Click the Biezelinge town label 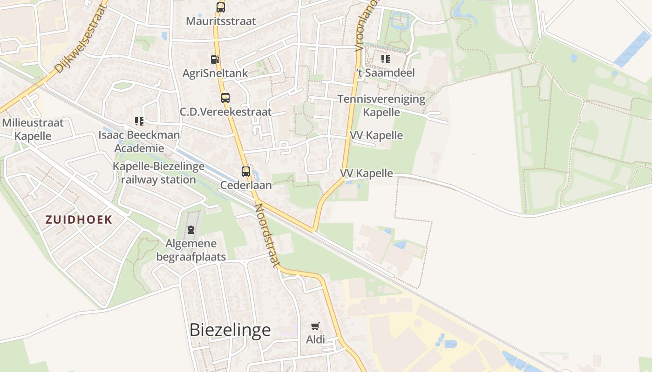point(230,330)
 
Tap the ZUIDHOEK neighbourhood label point(79,220)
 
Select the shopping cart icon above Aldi point(315,326)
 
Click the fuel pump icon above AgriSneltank point(215,60)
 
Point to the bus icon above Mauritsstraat point(221,7)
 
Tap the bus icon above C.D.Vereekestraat point(225,98)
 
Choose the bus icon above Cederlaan point(246,172)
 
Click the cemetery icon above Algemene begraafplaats point(191,230)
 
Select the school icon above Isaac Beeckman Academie point(139,122)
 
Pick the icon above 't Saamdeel point(385,59)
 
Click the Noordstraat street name point(267,236)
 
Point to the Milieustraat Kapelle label point(33,129)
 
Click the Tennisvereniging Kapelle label point(381,106)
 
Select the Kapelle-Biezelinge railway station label point(158,173)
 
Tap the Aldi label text point(315,339)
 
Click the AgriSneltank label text point(215,73)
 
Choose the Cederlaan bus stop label point(246,185)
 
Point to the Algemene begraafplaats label point(191,250)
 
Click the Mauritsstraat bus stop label point(221,21)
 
